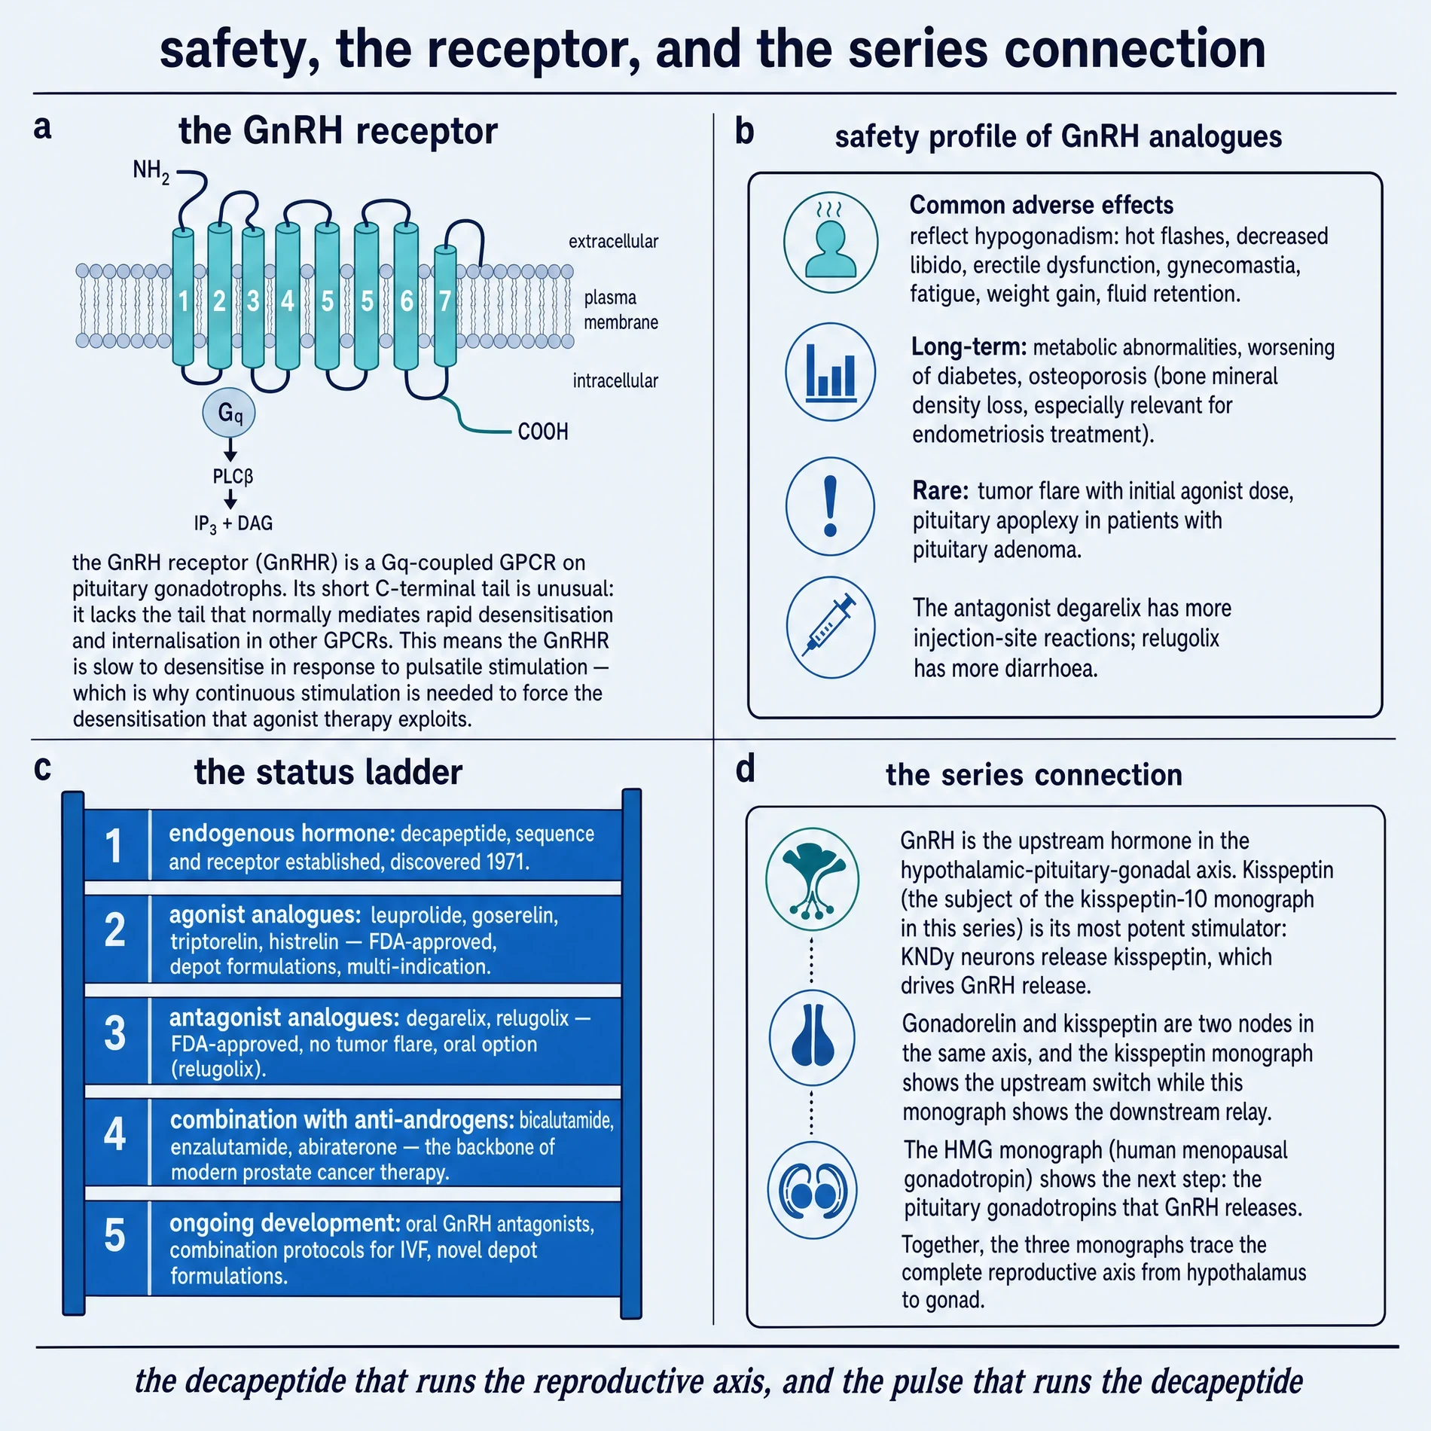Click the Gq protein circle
click(x=229, y=413)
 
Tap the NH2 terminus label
click(x=151, y=172)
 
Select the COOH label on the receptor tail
click(x=543, y=432)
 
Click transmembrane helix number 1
click(x=183, y=297)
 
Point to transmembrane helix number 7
click(x=445, y=306)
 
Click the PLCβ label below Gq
click(x=233, y=477)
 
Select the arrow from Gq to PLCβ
click(x=230, y=450)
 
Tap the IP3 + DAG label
click(x=233, y=523)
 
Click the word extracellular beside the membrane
click(x=613, y=241)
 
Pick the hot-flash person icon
click(x=831, y=243)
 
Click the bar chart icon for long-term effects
click(x=831, y=372)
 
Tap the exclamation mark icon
click(x=830, y=506)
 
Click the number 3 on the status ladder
click(x=114, y=1033)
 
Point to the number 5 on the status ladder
click(x=114, y=1236)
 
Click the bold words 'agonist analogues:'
click(x=265, y=915)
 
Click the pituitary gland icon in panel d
click(x=812, y=1037)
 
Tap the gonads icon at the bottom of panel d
click(x=812, y=1190)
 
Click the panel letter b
click(x=744, y=131)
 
